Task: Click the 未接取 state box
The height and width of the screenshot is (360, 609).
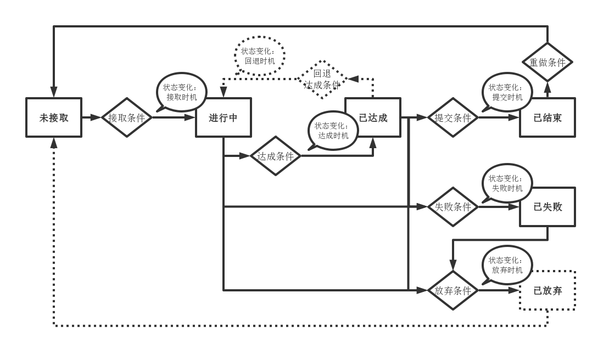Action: click(x=54, y=117)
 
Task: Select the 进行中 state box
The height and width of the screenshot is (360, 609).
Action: click(x=224, y=117)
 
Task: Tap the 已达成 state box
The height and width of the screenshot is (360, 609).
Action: click(x=373, y=117)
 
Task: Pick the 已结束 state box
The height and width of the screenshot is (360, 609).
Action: click(x=547, y=117)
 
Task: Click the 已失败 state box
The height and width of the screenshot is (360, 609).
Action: click(x=547, y=207)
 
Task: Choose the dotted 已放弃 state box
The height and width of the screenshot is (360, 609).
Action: click(x=547, y=290)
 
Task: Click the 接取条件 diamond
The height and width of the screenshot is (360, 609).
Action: click(x=127, y=117)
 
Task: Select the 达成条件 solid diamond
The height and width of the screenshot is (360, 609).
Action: click(x=276, y=156)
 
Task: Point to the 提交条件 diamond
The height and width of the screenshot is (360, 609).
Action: click(x=453, y=117)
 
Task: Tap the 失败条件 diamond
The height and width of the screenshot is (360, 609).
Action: click(x=453, y=207)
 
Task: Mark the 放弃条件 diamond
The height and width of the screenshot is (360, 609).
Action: click(x=453, y=290)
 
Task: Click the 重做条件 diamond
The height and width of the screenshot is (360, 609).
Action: click(x=547, y=62)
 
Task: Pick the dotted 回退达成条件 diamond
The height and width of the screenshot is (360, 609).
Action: click(x=322, y=79)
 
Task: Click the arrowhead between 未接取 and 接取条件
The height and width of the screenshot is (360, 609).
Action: click(x=97, y=117)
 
